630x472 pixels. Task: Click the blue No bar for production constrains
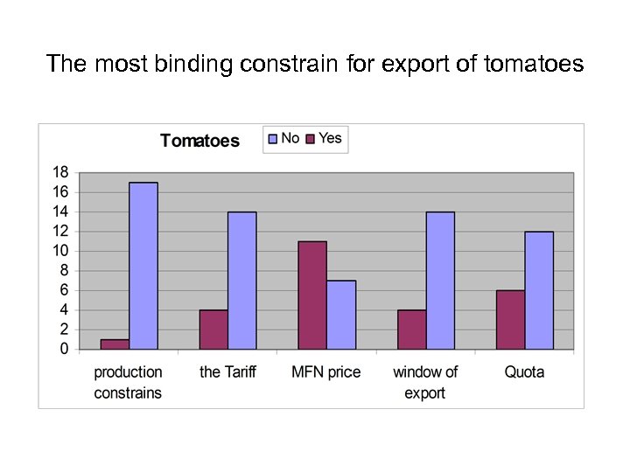[x=143, y=266]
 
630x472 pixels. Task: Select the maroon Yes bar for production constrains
[x=115, y=344]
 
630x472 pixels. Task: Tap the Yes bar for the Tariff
[x=213, y=330]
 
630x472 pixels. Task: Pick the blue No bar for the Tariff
[x=242, y=281]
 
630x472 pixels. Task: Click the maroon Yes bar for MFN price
[x=312, y=295]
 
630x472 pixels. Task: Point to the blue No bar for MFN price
[x=341, y=315]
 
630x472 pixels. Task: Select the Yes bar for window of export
[x=411, y=330]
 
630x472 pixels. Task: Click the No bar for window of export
[x=440, y=281]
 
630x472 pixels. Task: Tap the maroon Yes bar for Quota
[x=510, y=320]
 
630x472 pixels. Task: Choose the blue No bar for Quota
[x=539, y=290]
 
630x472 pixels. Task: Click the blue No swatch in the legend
[x=272, y=138]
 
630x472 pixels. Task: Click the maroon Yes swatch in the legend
[x=310, y=138]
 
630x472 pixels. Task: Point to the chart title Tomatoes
[x=199, y=141]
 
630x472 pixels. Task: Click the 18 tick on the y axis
[x=60, y=172]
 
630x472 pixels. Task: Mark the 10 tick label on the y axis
[x=60, y=251]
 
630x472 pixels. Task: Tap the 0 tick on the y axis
[x=64, y=349]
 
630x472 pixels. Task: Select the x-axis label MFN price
[x=326, y=372]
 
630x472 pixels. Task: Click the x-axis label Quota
[x=524, y=372]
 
